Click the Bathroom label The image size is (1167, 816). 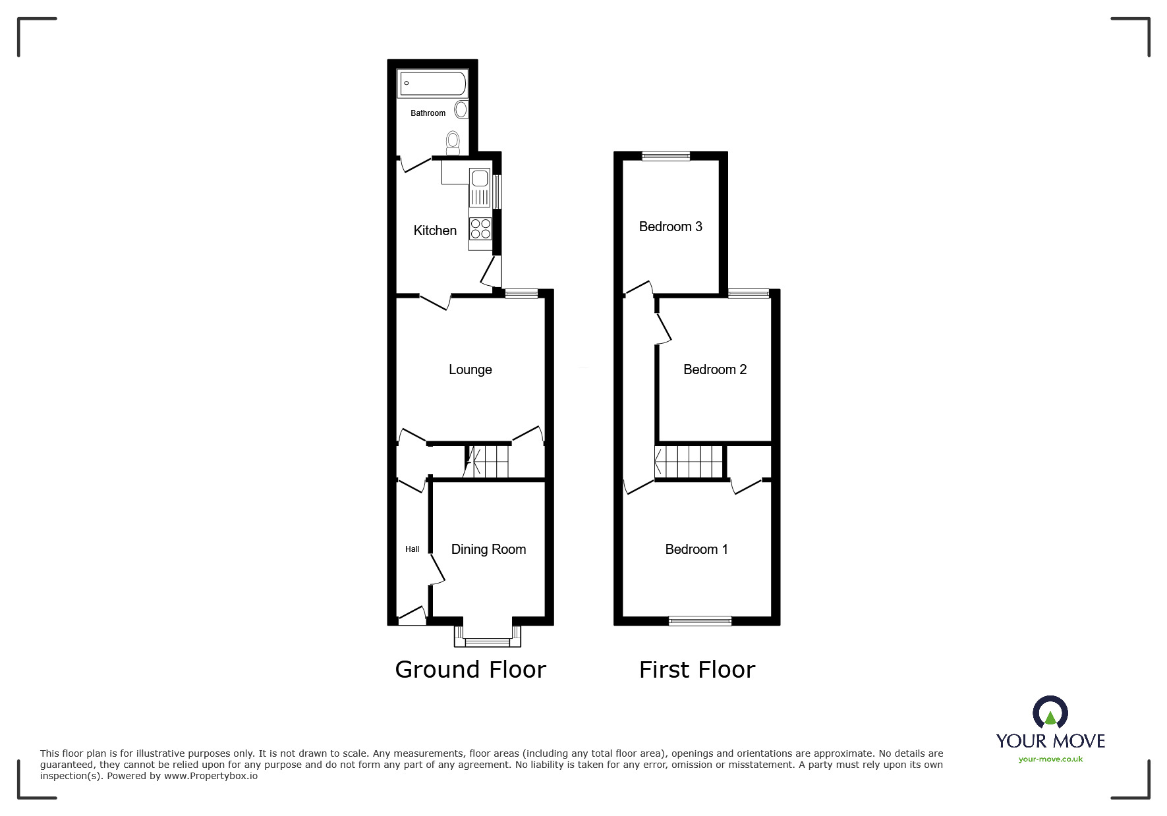point(428,113)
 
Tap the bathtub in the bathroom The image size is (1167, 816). point(432,84)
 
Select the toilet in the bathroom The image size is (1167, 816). point(453,142)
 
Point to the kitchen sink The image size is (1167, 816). point(480,178)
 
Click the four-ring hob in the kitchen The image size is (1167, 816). point(480,228)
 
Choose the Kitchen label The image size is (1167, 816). point(435,231)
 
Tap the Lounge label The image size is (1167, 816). point(470,369)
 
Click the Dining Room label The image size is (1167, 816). point(488,549)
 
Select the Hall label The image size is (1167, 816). point(412,549)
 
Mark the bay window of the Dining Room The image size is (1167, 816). point(488,639)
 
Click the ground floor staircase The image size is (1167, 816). point(487,461)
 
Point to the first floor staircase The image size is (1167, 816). point(689,461)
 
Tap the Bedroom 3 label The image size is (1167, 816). point(670,227)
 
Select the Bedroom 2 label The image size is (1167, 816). point(714,369)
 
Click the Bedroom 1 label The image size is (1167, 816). point(696,549)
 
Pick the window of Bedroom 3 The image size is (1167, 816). point(666,156)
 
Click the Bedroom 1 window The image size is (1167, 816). point(700,620)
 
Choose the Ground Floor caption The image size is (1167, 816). point(470,669)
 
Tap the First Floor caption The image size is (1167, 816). point(697,670)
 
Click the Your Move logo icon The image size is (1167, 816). point(1050,713)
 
